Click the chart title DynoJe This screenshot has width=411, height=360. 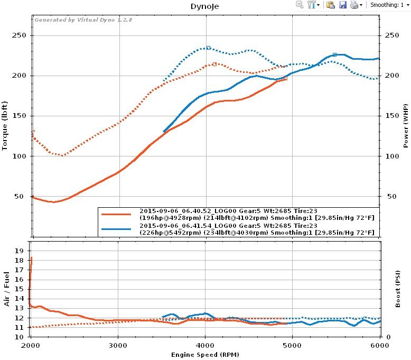coord(205,7)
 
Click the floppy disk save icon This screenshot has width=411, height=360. coord(342,5)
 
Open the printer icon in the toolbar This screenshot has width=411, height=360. coord(354,5)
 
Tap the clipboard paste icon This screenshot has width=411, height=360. coord(331,5)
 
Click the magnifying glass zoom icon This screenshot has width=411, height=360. coord(300,5)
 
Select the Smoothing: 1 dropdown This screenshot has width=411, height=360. coord(390,5)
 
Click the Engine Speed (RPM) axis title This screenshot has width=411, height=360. coord(204,355)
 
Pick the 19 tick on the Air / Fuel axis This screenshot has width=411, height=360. coord(20,251)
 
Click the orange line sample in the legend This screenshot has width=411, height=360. coord(116,214)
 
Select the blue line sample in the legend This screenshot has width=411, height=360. coord(116,229)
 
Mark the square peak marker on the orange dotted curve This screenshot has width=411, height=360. coord(214,64)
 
